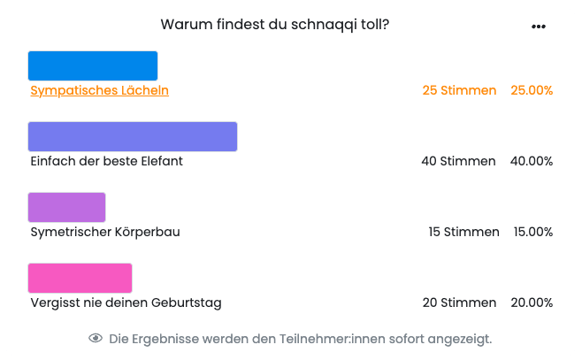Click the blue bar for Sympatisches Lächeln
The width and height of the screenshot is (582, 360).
[x=93, y=66]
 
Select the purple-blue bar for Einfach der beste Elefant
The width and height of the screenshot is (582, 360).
[x=133, y=136]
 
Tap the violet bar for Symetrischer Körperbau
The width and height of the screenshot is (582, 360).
[x=67, y=207]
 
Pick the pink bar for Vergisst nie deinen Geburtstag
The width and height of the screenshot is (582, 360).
[x=80, y=278]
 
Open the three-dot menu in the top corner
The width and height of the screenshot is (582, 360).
[x=539, y=27]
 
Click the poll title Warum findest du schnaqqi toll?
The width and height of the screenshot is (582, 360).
[x=274, y=25]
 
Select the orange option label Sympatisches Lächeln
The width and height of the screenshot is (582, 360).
[x=99, y=90]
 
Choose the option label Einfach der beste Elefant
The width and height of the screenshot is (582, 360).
[x=106, y=161]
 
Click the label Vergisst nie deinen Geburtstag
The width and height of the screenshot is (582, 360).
[x=126, y=303]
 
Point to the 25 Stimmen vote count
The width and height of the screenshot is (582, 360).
[x=459, y=90]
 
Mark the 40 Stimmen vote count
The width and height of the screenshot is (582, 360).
[x=459, y=161]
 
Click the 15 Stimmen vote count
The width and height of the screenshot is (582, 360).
[x=463, y=232]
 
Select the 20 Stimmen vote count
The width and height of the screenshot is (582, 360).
[x=459, y=303]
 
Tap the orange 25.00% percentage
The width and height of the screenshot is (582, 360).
[x=532, y=90]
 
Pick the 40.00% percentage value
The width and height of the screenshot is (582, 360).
[x=532, y=161]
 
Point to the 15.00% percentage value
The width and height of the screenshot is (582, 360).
[x=533, y=232]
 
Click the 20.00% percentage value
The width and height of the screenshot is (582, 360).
[x=532, y=303]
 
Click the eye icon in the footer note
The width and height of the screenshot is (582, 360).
[x=96, y=339]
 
